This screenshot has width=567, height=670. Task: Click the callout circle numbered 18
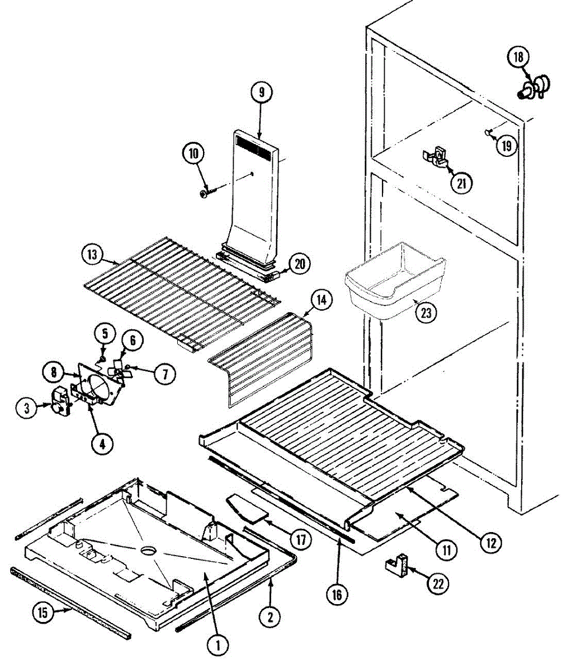(518, 58)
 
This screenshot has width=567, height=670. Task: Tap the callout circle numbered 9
(261, 93)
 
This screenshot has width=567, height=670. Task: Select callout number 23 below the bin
(426, 312)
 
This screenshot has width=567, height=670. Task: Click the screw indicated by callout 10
(207, 193)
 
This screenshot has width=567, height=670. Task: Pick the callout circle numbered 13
(92, 255)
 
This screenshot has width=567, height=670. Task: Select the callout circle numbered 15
(42, 612)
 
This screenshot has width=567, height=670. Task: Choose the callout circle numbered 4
(102, 444)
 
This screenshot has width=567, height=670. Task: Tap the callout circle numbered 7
(164, 374)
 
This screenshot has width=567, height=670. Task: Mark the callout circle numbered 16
(337, 594)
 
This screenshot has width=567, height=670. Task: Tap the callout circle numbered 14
(322, 300)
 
